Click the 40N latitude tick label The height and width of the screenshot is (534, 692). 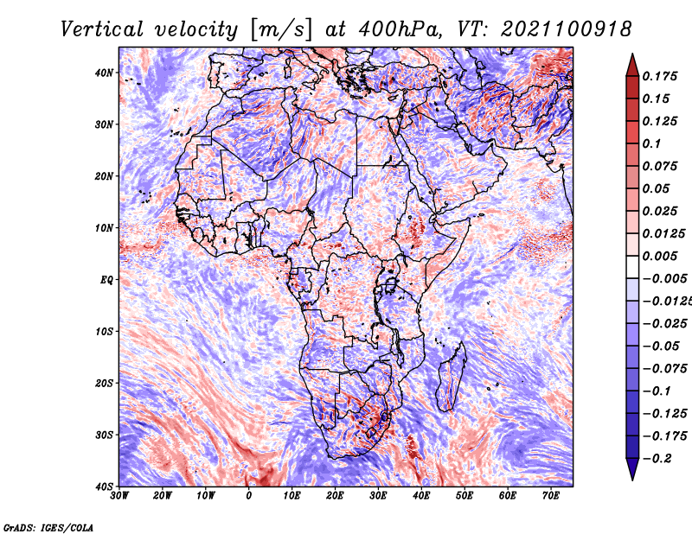[104, 73]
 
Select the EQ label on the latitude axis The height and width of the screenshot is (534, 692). [106, 280]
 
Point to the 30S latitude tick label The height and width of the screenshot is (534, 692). [104, 435]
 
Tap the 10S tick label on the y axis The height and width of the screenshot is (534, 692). [104, 331]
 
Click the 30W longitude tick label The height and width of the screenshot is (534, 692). [119, 496]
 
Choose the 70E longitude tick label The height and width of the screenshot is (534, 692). [550, 496]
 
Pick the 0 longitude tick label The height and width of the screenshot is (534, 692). [249, 496]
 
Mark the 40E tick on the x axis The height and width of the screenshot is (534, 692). [421, 496]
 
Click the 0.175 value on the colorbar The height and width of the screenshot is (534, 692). [659, 76]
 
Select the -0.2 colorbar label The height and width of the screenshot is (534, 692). [657, 459]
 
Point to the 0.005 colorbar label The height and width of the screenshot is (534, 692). [659, 256]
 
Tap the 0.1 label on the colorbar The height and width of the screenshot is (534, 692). [651, 143]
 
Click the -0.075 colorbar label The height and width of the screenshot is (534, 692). [664, 369]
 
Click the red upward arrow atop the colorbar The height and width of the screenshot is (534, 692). [632, 66]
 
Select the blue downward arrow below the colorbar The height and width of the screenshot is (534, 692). [632, 469]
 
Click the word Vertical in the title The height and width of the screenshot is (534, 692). [102, 29]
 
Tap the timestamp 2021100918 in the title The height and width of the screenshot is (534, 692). [567, 29]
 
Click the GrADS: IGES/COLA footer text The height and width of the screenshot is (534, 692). [48, 527]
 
